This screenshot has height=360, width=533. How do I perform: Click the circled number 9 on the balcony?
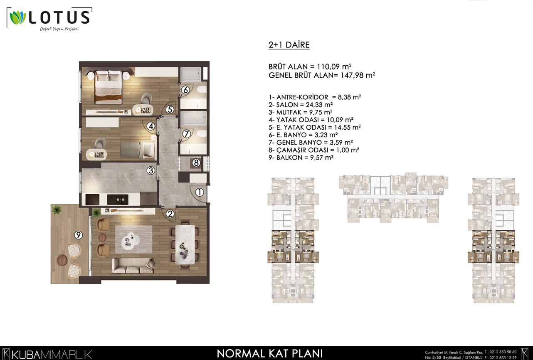click(79, 235)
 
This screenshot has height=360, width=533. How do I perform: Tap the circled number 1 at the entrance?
click(200, 192)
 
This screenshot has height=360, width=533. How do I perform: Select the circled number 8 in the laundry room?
click(196, 163)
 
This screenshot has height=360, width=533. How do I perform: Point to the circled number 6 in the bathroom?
click(185, 90)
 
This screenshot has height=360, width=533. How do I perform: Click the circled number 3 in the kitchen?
click(151, 170)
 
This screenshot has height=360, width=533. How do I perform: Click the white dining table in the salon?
click(185, 244)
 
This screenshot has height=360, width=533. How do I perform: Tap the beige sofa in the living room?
click(133, 266)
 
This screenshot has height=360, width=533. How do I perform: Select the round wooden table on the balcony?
click(62, 260)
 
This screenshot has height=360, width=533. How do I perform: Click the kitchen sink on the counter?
click(118, 200)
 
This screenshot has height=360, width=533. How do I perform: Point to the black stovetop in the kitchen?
click(92, 200)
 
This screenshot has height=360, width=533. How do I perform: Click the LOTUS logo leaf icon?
click(17, 17)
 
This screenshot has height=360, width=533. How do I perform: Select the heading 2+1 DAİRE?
click(289, 45)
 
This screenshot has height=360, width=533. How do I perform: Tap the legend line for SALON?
click(301, 105)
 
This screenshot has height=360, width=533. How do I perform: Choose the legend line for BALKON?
click(301, 158)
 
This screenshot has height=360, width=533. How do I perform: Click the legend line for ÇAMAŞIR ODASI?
click(314, 150)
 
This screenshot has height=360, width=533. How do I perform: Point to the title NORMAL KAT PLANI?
click(270, 354)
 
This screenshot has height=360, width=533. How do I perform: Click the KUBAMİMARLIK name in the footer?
click(52, 355)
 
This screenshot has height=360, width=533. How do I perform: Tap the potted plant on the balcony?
click(57, 210)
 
